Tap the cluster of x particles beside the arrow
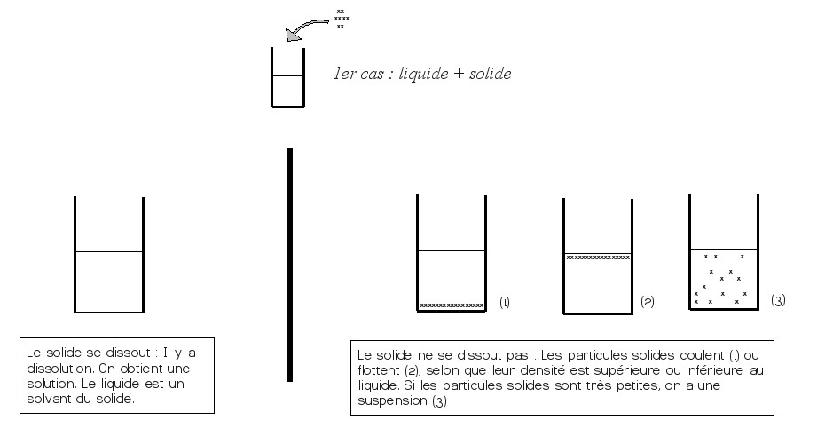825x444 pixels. [342, 19]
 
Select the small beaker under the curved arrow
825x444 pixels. [287, 77]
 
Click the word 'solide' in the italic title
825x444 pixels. [490, 74]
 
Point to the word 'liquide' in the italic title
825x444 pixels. [423, 75]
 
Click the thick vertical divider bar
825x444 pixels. [290, 265]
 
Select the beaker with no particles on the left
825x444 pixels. [109, 255]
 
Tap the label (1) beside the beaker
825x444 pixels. [505, 303]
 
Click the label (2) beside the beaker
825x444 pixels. [648, 302]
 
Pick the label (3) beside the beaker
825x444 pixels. [778, 300]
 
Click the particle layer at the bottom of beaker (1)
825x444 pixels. [452, 305]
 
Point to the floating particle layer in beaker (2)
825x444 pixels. [598, 258]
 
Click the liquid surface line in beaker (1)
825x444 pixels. [452, 250]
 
